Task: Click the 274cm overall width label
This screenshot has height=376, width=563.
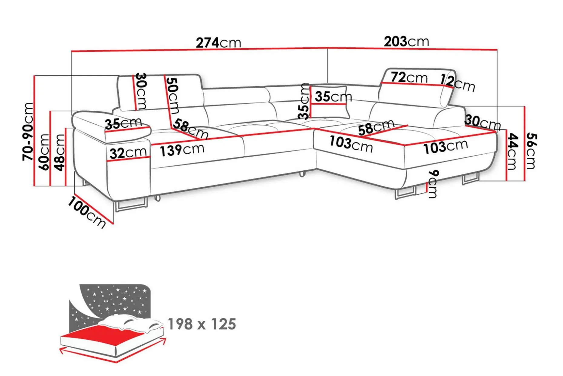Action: pyautogui.click(x=219, y=42)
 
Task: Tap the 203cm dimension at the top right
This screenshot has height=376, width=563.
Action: pyautogui.click(x=407, y=42)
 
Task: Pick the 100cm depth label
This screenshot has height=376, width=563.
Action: pyautogui.click(x=87, y=212)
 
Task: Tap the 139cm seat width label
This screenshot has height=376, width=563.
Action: pyautogui.click(x=182, y=149)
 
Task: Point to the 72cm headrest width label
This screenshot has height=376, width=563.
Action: pyautogui.click(x=409, y=77)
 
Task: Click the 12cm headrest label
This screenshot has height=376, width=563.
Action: pyautogui.click(x=457, y=83)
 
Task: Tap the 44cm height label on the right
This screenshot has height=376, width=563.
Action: pyautogui.click(x=512, y=151)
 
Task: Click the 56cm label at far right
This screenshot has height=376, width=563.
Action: pyautogui.click(x=531, y=151)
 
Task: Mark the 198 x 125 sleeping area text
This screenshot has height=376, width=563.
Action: pyautogui.click(x=202, y=324)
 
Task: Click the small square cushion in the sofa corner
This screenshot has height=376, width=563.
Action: pyautogui.click(x=329, y=102)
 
